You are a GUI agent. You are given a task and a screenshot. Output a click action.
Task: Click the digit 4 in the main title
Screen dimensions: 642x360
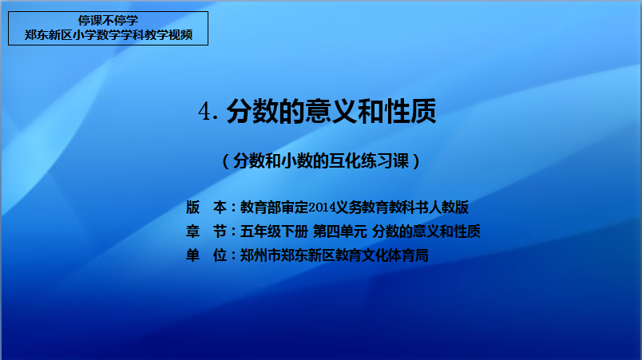[x=205, y=111]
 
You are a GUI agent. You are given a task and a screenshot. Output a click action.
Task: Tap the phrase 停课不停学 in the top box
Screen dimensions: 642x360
[x=108, y=21]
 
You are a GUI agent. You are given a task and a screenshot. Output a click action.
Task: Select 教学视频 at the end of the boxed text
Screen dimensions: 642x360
[x=168, y=35]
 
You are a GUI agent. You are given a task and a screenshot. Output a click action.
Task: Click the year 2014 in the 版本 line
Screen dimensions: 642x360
[x=322, y=208]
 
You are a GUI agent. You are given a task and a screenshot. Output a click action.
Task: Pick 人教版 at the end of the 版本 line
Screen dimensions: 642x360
[x=448, y=208]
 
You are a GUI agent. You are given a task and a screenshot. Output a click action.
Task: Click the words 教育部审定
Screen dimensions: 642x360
[x=274, y=208]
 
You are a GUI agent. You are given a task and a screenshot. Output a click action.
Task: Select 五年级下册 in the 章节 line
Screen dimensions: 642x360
[x=274, y=231]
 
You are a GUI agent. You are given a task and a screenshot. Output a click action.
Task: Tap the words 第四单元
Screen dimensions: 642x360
[x=340, y=231]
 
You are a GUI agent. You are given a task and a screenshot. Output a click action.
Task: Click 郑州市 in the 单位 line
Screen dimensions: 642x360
[x=260, y=255]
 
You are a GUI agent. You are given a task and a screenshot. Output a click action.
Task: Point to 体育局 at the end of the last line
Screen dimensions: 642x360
[x=408, y=255]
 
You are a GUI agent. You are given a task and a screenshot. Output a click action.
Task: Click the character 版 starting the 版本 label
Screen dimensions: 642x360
[x=193, y=208]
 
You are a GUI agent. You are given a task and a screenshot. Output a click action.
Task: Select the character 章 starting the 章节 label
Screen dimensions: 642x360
[x=193, y=231]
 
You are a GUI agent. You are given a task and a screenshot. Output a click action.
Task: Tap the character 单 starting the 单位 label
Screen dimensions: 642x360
[x=193, y=255]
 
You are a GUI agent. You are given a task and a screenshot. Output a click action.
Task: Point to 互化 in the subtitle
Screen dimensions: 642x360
[x=345, y=161]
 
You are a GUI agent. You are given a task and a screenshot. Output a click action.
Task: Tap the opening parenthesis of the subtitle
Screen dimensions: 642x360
[x=226, y=161]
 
